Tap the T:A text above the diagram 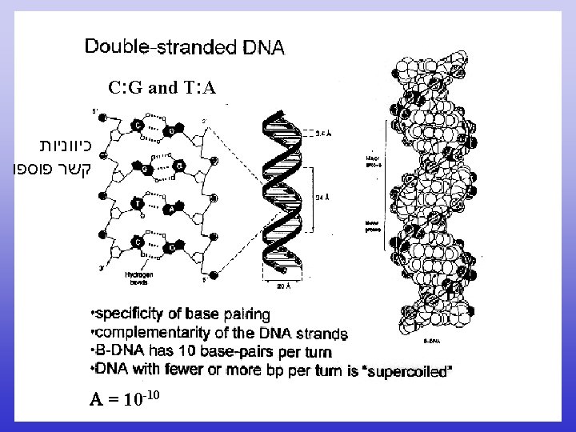[199, 87]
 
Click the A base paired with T [170, 210]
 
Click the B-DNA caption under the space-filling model [429, 339]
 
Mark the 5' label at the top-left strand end [95, 110]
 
